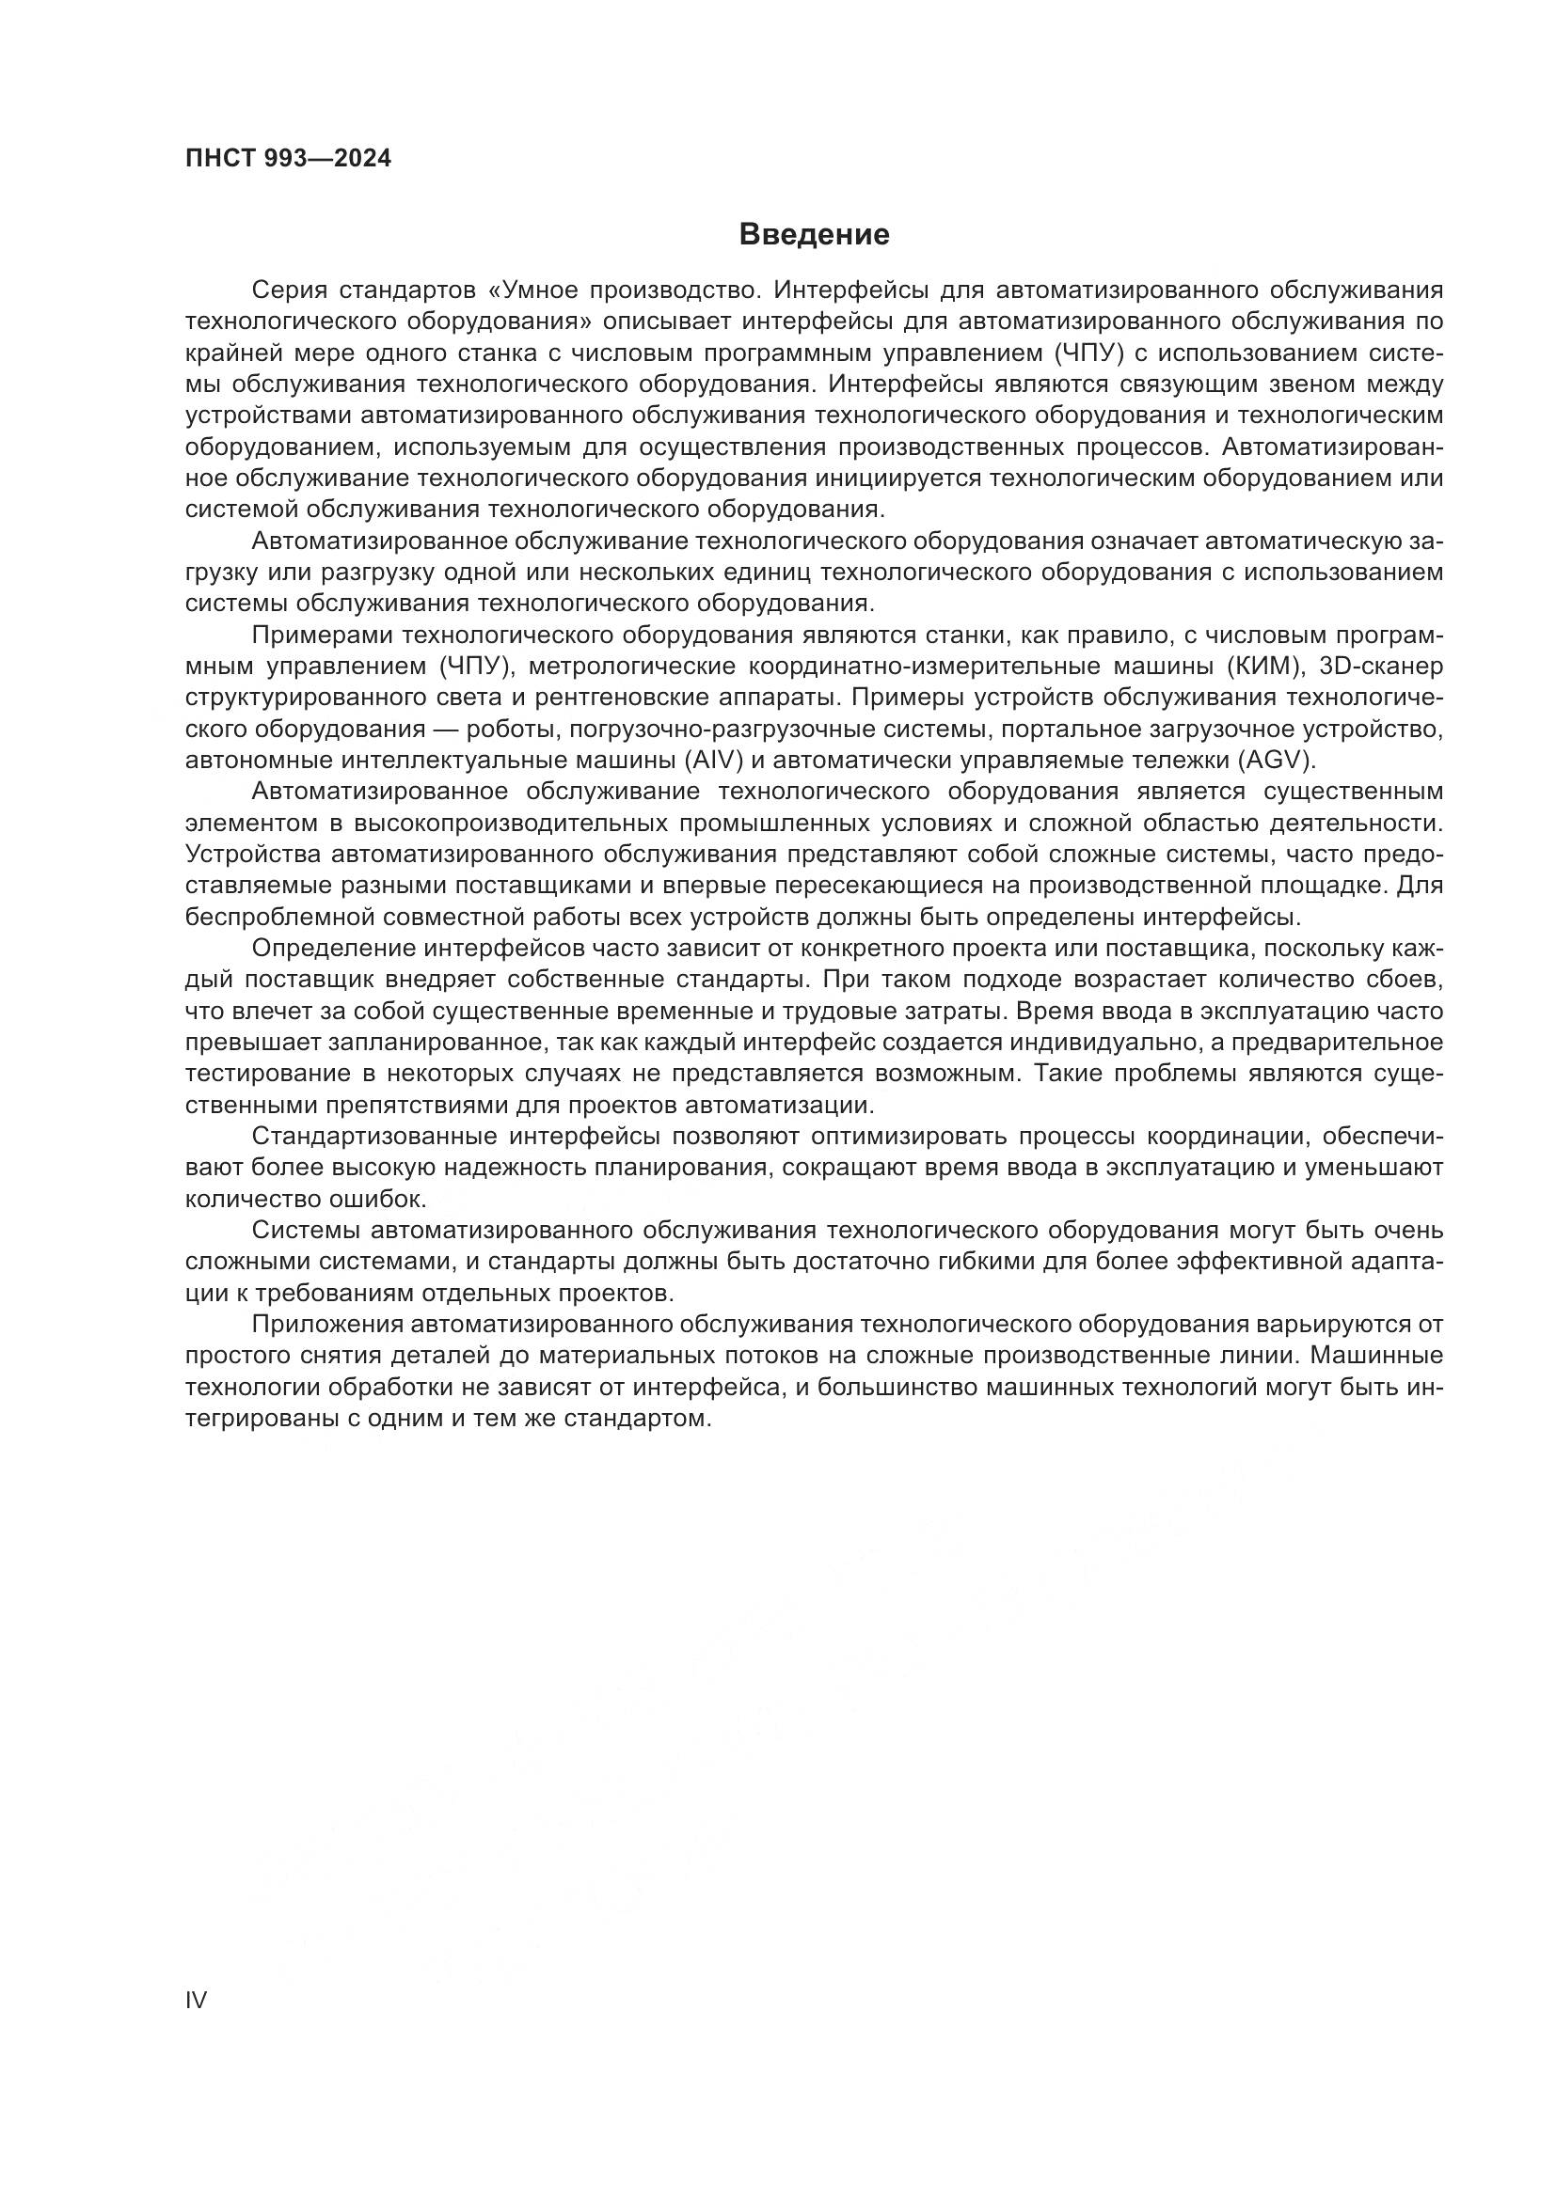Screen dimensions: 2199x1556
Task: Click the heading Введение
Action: [815, 235]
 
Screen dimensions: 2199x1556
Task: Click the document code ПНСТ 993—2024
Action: [289, 159]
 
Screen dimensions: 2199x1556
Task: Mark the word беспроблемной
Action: [278, 917]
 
